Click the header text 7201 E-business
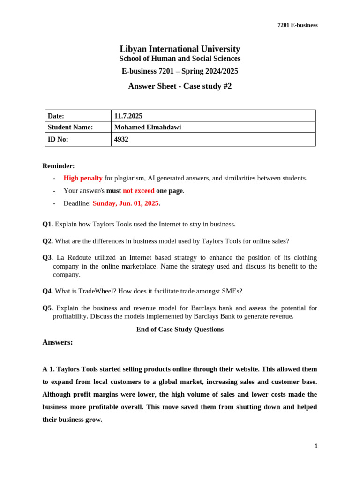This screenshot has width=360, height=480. (297, 25)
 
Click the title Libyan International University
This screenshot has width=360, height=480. (180, 49)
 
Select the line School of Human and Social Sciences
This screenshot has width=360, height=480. (180, 59)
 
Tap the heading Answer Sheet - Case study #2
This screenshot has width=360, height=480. (180, 86)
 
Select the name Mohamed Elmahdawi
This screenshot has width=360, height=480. (148, 127)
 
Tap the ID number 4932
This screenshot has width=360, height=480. (121, 139)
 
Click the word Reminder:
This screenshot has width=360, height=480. (59, 166)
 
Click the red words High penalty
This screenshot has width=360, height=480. (83, 178)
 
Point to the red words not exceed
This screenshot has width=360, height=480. (138, 191)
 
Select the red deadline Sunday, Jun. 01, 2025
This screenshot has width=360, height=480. (126, 203)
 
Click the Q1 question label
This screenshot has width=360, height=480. (47, 224)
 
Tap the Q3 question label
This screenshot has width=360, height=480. (47, 257)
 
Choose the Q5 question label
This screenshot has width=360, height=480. (47, 308)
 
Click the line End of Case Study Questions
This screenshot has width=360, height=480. (180, 330)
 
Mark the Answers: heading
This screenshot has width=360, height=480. (58, 342)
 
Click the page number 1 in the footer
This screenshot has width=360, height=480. (316, 446)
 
